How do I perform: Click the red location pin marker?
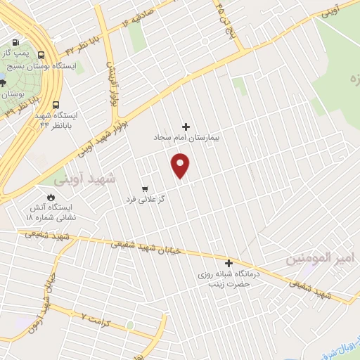coord(181,166)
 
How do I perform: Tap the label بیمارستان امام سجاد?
coord(188,139)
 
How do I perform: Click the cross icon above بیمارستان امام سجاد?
coord(186,127)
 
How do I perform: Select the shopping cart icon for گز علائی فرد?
coord(144,188)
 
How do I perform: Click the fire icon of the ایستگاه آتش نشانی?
coord(51,197)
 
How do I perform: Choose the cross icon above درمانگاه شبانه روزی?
coord(229,263)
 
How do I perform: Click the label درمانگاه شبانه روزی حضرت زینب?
coord(229,279)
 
